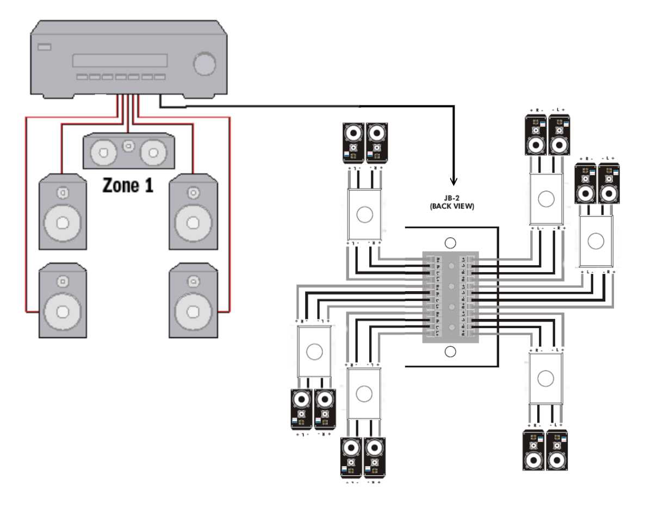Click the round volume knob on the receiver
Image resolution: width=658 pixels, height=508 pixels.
(x=204, y=64)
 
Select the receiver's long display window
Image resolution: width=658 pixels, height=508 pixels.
(x=120, y=60)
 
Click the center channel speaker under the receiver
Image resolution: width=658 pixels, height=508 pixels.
(x=128, y=152)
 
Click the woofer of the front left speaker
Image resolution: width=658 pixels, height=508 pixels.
(x=62, y=223)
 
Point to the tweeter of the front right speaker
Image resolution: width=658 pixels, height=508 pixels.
(x=193, y=193)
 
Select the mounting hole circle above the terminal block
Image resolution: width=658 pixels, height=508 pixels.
(x=450, y=243)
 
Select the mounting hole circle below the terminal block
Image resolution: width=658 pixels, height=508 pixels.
(x=450, y=352)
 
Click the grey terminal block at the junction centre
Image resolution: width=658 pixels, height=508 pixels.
(x=450, y=297)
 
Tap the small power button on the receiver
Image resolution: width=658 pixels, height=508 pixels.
(x=45, y=47)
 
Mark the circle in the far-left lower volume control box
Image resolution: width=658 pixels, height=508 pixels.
(x=314, y=352)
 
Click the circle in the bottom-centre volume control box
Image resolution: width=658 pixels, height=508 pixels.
(x=364, y=392)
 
